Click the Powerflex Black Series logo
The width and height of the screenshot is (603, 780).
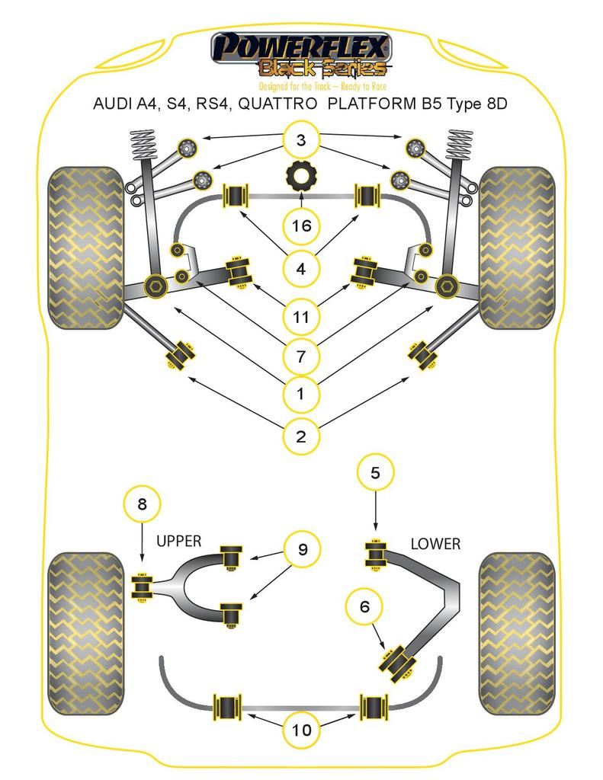(x=301, y=57)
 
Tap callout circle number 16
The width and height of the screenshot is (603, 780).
(x=301, y=225)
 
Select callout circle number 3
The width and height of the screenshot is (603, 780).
(x=301, y=140)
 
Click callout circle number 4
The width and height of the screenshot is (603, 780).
(x=301, y=269)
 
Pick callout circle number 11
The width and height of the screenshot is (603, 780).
(x=301, y=315)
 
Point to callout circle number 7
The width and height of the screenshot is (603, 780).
(x=301, y=355)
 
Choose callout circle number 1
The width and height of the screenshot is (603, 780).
(x=301, y=394)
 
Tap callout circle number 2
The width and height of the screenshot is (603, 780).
(x=301, y=436)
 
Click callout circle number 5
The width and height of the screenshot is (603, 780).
(x=375, y=473)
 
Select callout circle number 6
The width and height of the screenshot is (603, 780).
(x=364, y=606)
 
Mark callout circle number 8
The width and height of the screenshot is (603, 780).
(x=143, y=503)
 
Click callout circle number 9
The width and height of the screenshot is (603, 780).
(x=303, y=549)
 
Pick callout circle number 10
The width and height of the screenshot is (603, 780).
(x=302, y=730)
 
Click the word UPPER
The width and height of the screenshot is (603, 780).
(x=179, y=542)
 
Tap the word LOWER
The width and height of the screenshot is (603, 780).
(x=435, y=544)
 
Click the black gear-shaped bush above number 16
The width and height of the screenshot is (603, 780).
(x=302, y=177)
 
